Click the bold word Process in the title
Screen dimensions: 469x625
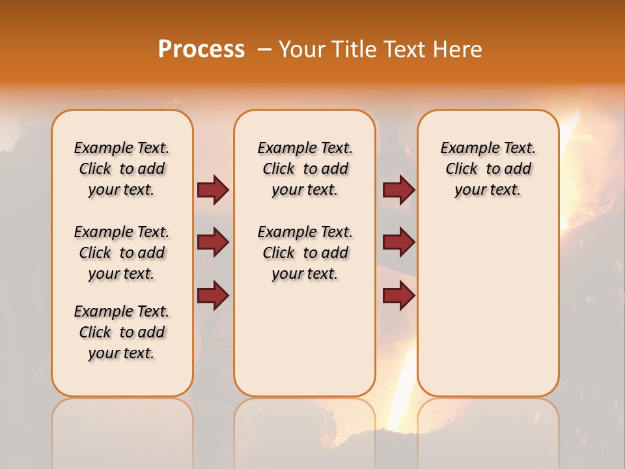[x=201, y=50]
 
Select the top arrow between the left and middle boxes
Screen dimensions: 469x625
[x=213, y=190]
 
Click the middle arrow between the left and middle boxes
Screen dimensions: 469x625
[x=213, y=242]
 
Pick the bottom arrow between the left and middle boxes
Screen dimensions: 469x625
[x=213, y=295]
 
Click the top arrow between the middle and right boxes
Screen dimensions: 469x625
[x=398, y=190]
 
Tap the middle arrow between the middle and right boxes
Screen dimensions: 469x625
[x=398, y=242]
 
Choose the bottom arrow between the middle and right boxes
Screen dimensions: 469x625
[x=398, y=295]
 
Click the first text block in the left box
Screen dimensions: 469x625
[x=122, y=169]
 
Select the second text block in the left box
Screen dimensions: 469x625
[x=122, y=253]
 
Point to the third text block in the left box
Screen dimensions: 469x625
[x=122, y=332]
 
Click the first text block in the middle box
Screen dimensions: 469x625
[x=305, y=169]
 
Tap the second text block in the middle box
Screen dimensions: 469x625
[x=305, y=253]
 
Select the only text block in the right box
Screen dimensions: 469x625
[x=488, y=169]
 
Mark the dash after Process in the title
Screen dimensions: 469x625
[x=264, y=50]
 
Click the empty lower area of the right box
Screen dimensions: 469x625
[x=488, y=306]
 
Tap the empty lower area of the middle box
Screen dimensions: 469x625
[x=305, y=339]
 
